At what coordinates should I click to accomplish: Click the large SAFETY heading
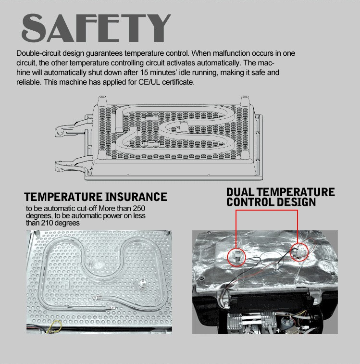(x=96, y=28)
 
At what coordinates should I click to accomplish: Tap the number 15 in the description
(x=144, y=73)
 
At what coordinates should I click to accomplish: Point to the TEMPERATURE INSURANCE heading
(x=96, y=197)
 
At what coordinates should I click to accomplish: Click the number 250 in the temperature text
(x=139, y=209)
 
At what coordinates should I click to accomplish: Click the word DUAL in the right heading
(x=240, y=192)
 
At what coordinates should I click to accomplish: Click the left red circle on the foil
(x=236, y=257)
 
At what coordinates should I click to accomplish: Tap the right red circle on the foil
(x=299, y=252)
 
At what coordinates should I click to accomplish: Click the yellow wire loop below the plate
(x=54, y=326)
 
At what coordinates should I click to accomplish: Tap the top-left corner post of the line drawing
(x=102, y=101)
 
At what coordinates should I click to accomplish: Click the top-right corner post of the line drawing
(x=245, y=101)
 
